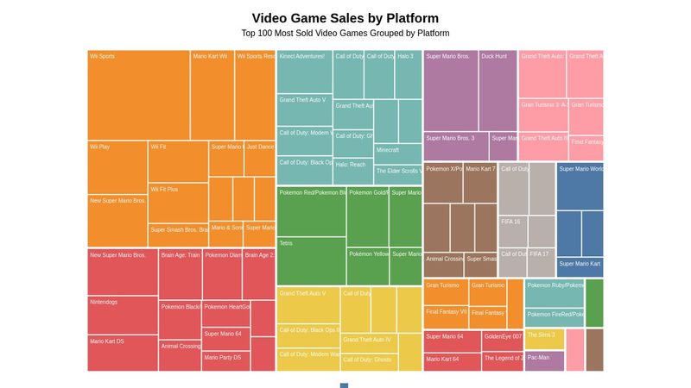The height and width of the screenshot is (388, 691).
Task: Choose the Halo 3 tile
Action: pyautogui.click(x=409, y=74)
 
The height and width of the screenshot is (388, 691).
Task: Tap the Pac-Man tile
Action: pyautogui.click(x=544, y=360)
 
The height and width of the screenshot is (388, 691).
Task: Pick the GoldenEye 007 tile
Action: pyautogui.click(x=503, y=341)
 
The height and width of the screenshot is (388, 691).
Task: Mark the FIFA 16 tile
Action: pyautogui.click(x=513, y=231)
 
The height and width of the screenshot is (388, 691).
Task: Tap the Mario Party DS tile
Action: pyautogui.click(x=225, y=361)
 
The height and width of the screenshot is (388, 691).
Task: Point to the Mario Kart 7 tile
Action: pyautogui.click(x=480, y=182)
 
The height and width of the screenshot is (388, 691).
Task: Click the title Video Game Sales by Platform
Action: pyautogui.click(x=345, y=18)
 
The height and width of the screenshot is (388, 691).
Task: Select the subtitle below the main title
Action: pyautogui.click(x=345, y=34)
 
